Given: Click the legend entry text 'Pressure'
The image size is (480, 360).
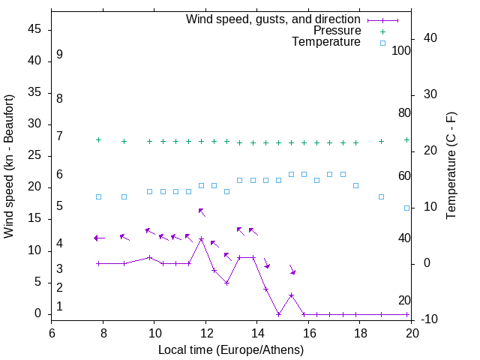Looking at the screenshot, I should click(x=337, y=31).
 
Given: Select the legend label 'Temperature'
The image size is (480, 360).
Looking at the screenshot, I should click(x=326, y=42).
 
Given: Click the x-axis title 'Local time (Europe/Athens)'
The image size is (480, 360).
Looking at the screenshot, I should click(x=231, y=350).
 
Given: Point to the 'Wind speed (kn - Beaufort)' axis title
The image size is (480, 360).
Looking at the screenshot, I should click(x=10, y=166).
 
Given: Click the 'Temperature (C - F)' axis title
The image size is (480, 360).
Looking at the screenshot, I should click(x=451, y=166).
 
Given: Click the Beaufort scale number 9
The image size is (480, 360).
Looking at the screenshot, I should click(x=59, y=55).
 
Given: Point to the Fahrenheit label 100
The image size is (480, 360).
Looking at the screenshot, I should click(x=402, y=51).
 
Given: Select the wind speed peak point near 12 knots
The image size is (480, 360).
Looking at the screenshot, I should click(x=201, y=238).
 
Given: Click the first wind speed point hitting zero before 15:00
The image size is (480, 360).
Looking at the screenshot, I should click(x=278, y=314).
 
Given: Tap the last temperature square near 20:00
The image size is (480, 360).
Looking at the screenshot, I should click(x=407, y=208).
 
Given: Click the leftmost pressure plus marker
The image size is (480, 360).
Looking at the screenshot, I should click(x=98, y=140).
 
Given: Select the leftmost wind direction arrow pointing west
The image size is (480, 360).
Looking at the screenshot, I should click(x=98, y=238).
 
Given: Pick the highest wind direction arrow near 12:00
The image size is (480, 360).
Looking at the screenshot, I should click(x=201, y=211).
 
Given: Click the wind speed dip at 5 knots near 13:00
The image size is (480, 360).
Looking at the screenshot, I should click(x=226, y=283).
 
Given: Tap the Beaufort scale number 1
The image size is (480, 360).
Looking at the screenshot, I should click(x=59, y=307).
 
